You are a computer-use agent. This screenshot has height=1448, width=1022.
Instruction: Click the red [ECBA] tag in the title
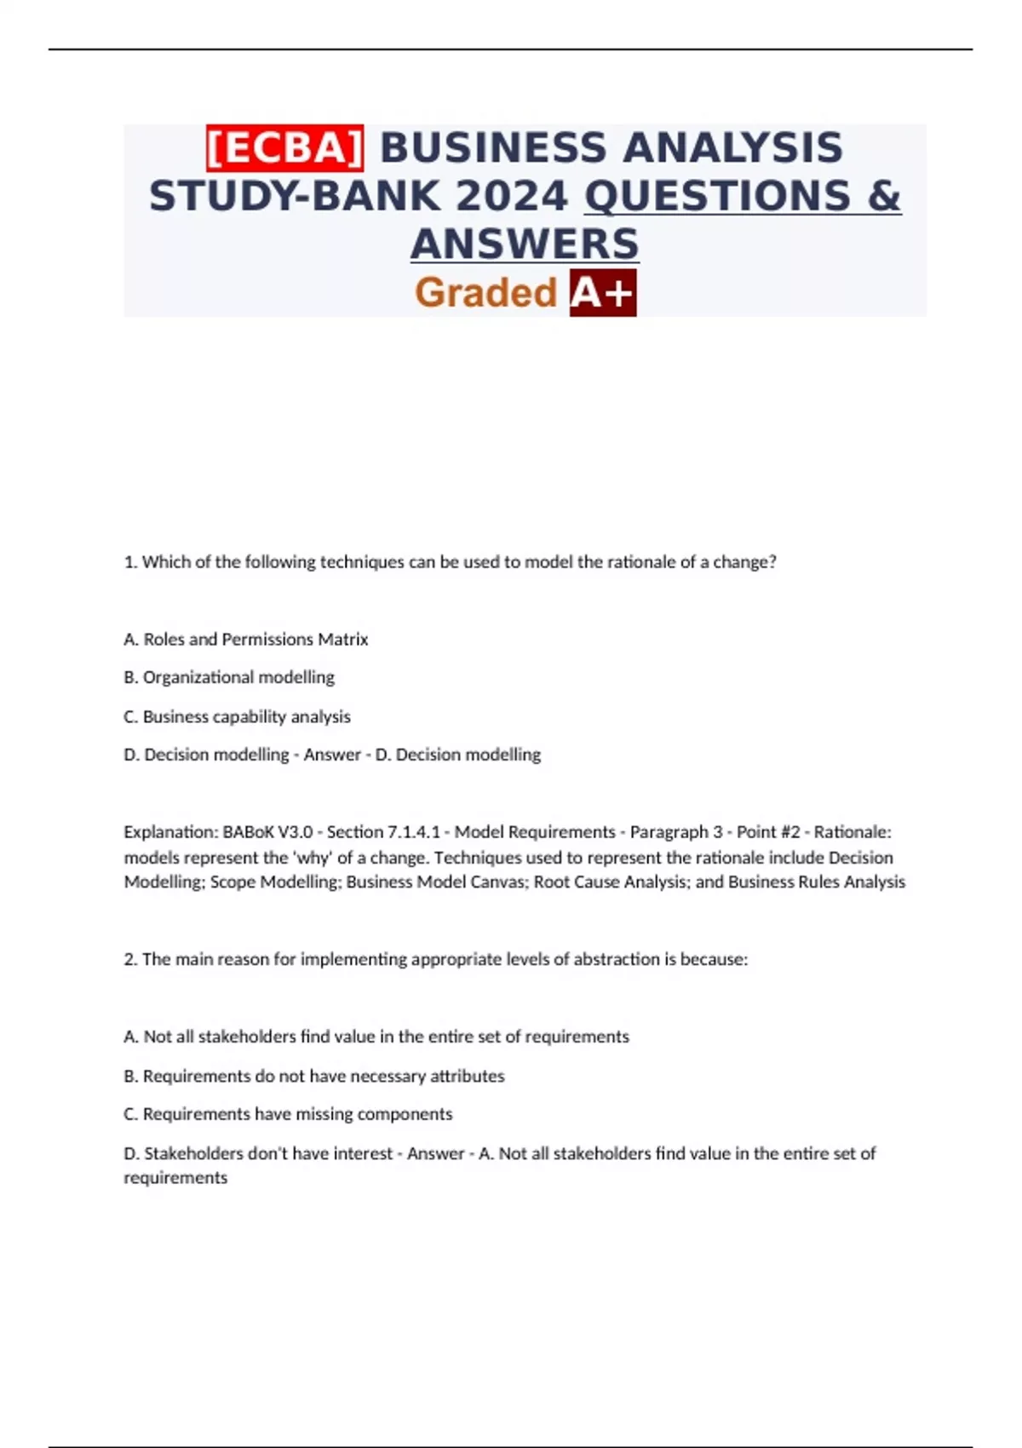[285, 147]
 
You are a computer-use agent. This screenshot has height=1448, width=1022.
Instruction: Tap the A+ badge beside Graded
[603, 293]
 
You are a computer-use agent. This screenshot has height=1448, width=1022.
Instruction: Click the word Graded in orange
[485, 293]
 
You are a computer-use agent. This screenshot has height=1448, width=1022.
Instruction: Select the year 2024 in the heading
[511, 196]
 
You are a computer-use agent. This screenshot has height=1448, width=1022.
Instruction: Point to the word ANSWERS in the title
[525, 244]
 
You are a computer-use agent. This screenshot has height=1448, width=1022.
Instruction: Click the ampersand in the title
[884, 196]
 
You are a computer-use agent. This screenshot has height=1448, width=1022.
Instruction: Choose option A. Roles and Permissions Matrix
[246, 639]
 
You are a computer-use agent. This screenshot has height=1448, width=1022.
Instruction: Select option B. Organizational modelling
[229, 677]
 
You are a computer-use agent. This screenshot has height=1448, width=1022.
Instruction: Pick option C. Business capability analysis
[237, 716]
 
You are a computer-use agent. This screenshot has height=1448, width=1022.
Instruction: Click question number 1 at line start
[130, 562]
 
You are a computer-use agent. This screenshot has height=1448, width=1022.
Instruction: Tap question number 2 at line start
[130, 959]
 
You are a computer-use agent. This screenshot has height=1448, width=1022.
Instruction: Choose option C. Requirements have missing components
[288, 1114]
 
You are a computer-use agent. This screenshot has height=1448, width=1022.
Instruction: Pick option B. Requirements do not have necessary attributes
[314, 1076]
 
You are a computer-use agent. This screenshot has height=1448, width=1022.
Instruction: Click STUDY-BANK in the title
[296, 196]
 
